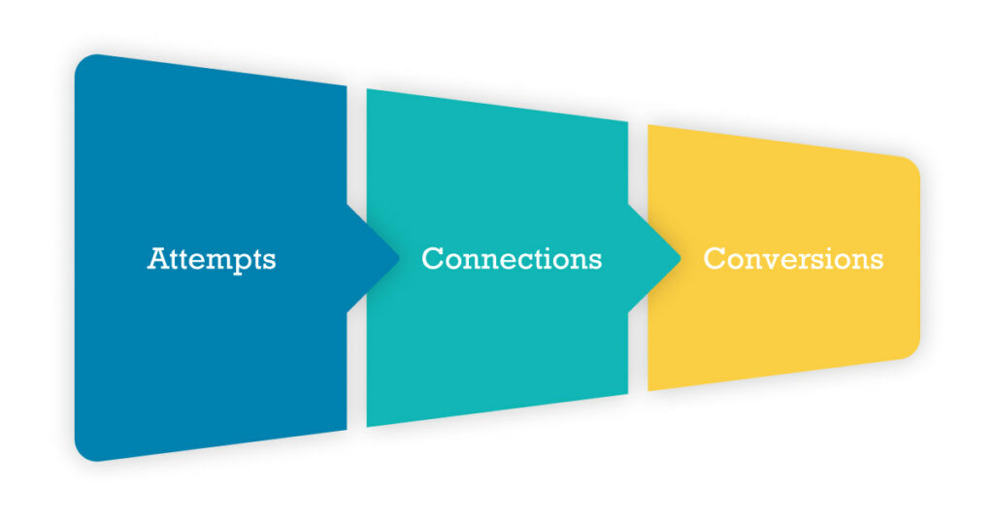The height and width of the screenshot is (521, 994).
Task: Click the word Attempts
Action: (212, 259)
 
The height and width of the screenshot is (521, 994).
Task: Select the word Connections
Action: (512, 259)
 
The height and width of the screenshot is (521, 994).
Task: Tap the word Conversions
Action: (793, 259)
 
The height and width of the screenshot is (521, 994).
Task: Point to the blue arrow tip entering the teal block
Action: (398, 258)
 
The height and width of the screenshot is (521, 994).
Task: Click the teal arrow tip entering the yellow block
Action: (679, 258)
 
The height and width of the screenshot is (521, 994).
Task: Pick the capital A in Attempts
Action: (158, 259)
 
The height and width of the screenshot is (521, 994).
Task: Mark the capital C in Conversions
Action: (714, 259)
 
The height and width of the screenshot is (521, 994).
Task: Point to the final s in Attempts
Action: (270, 262)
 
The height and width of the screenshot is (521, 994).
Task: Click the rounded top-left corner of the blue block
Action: (83, 62)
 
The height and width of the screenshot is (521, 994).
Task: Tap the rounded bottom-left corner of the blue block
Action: (83, 453)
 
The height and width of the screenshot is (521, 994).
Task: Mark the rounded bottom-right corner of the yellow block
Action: (911, 350)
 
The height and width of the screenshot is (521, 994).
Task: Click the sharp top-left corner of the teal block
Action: (367, 89)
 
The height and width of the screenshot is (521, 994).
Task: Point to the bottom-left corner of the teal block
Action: (367, 427)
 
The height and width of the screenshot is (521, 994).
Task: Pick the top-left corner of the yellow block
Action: (647, 125)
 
